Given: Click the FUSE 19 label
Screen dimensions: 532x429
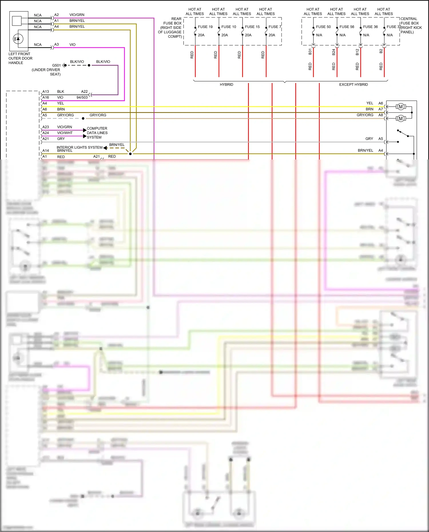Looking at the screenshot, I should pos(205,27).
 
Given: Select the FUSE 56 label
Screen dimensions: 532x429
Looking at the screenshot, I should pos(347,27).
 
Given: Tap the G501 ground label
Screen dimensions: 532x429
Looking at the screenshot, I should pos(56,65).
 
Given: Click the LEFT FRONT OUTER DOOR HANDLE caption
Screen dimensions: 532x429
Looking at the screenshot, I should pos(20,58).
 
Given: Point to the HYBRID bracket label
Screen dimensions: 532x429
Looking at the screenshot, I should pos(226,85).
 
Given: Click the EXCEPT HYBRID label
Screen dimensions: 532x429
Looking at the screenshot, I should pos(353,85).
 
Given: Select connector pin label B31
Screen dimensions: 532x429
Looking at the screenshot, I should pos(310,52).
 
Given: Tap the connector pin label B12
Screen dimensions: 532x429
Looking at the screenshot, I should pos(357,52).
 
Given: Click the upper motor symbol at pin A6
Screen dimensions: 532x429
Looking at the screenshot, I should pos(401,107).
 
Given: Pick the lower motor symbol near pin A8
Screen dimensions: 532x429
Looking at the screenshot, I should pos(401,118).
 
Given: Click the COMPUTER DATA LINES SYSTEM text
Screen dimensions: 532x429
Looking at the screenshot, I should pos(97,133).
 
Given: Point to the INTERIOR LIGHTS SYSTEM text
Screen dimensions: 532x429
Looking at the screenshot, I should pos(79,148).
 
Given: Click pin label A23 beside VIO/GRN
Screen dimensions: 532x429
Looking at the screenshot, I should pos(45,127).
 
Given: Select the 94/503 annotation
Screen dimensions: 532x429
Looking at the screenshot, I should pos(82,97).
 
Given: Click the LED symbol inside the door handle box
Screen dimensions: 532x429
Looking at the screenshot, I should pos(18,39).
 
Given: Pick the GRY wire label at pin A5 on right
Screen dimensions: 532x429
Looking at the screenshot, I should pos(369,139).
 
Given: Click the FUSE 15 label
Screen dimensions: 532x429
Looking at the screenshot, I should pos(252,27).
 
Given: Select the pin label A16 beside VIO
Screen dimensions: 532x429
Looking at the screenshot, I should pos(45,97).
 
